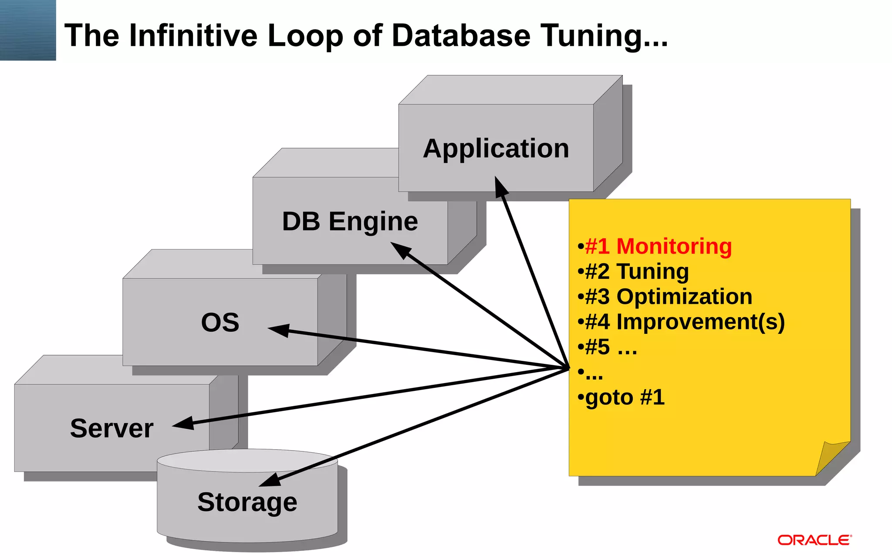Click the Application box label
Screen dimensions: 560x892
tap(496, 149)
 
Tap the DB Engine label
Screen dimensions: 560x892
tap(350, 221)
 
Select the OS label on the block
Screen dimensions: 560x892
tap(220, 322)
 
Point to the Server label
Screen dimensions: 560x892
tap(111, 428)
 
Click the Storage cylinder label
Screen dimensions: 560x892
tap(247, 502)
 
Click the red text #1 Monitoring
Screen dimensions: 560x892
tap(658, 246)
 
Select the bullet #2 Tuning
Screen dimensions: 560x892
tap(636, 272)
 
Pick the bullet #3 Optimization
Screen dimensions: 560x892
tap(668, 297)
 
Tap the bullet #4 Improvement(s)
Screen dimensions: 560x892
tap(684, 322)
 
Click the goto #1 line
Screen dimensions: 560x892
tap(624, 397)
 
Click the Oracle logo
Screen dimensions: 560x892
tap(814, 540)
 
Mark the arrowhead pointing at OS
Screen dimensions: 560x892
tap(279, 330)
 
